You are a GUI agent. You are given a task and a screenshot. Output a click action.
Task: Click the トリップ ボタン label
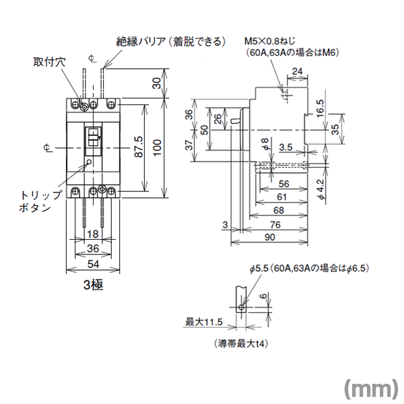tap(34, 200)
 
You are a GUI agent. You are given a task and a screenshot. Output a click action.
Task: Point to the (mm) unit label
tap(370, 386)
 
